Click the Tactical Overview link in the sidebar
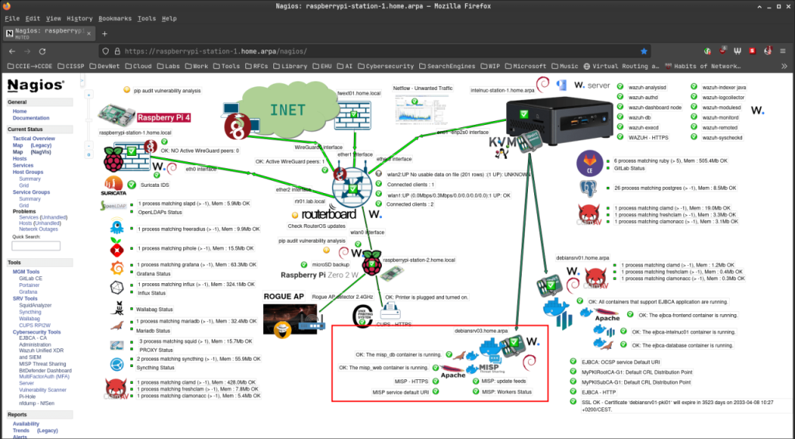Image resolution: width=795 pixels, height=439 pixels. tap(33, 138)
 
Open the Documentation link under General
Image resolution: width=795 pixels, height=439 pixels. tap(31, 118)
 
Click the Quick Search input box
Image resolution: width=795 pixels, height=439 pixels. tap(36, 246)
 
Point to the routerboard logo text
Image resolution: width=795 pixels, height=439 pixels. tap(328, 214)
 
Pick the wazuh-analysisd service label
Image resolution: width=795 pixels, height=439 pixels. tap(647, 88)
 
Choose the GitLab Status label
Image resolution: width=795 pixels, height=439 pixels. tap(631, 168)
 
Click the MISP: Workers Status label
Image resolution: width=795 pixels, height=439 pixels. tap(506, 392)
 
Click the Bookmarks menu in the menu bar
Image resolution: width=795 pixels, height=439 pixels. tap(115, 18)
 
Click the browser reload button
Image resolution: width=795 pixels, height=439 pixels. tap(54, 51)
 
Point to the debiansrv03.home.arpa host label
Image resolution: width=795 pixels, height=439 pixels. tap(481, 331)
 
